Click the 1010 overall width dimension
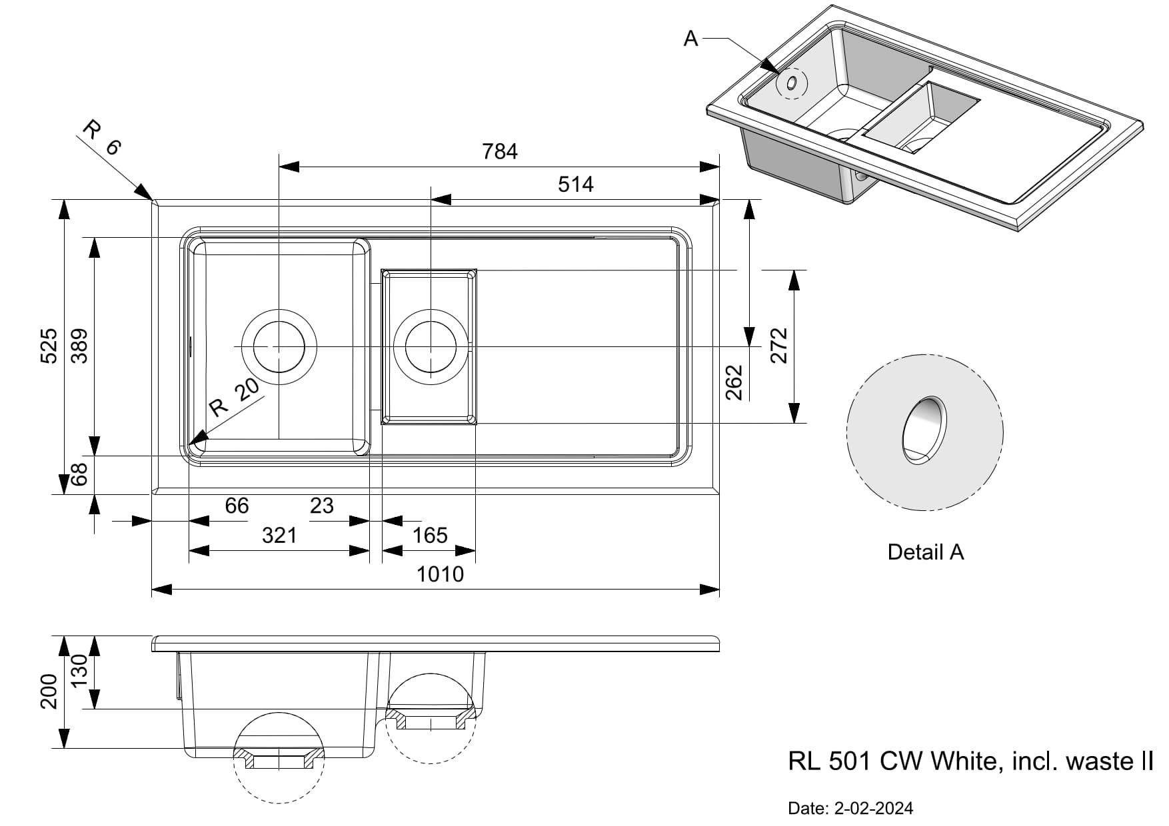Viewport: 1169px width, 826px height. (440, 574)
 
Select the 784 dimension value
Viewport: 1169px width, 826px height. (500, 152)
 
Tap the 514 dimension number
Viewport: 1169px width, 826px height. (575, 184)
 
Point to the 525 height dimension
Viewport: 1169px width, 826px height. (49, 346)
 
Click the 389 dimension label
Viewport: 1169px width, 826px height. (79, 346)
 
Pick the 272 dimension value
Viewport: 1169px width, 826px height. (778, 346)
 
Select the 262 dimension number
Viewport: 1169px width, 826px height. (734, 382)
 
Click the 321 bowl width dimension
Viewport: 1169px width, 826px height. (279, 536)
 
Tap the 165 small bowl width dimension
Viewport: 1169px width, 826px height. (430, 536)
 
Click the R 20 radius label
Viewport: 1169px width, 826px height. (233, 398)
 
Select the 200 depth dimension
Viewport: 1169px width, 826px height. (49, 691)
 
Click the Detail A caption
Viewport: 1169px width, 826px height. (925, 552)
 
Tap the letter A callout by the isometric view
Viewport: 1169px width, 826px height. (691, 39)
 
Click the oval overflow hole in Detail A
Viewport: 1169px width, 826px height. (923, 430)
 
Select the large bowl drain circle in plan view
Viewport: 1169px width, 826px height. (279, 346)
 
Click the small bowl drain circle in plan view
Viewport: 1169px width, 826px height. (431, 346)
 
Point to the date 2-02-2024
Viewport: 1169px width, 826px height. (873, 809)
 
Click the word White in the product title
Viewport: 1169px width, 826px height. (964, 761)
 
